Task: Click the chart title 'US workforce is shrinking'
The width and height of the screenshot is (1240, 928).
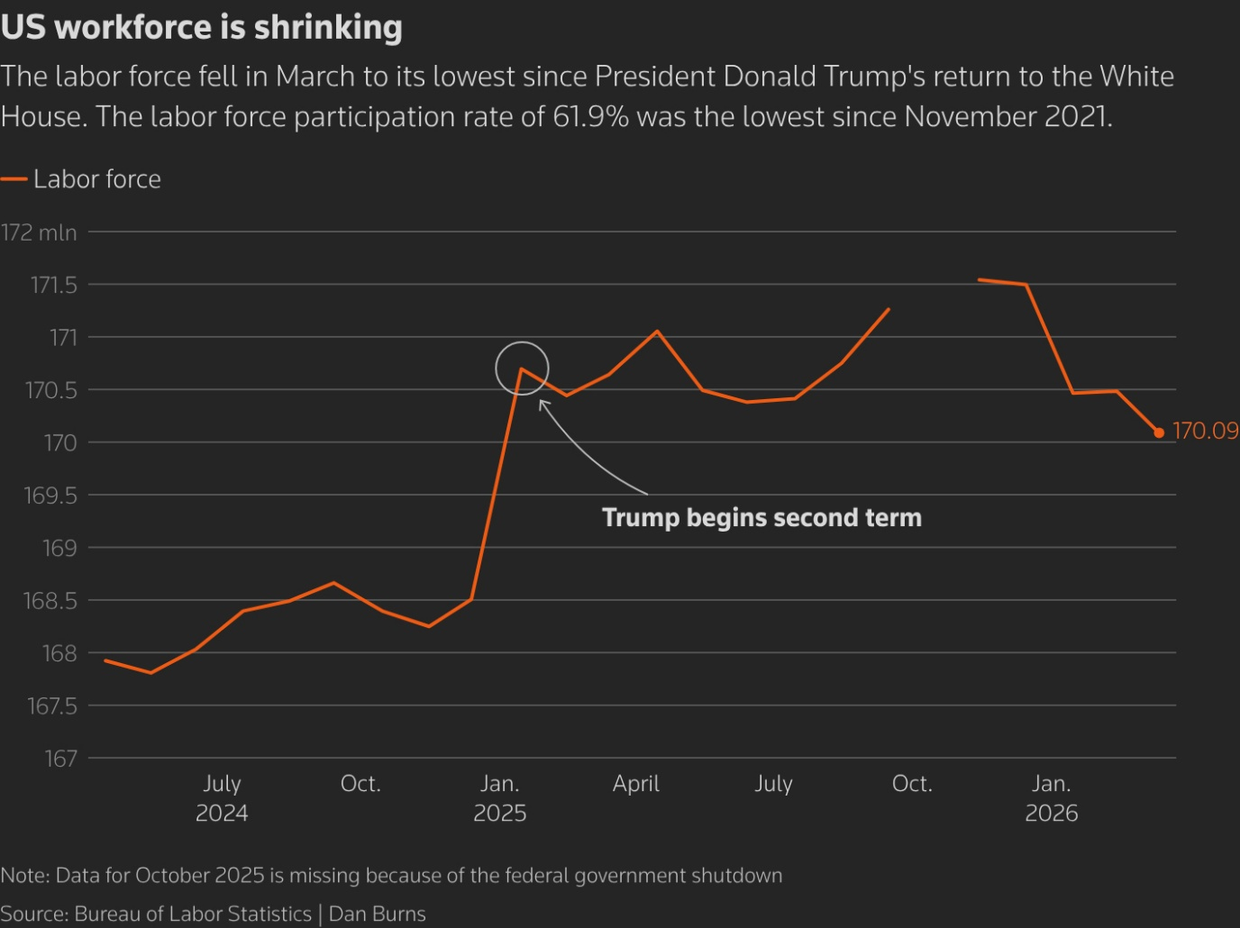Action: pyautogui.click(x=201, y=27)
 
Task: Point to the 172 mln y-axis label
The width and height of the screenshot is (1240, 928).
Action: pyautogui.click(x=40, y=232)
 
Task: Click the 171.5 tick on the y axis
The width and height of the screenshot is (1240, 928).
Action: pyautogui.click(x=54, y=286)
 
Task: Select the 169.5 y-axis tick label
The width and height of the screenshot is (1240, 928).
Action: pyautogui.click(x=50, y=496)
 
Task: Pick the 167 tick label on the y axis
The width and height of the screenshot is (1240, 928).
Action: pyautogui.click(x=61, y=759)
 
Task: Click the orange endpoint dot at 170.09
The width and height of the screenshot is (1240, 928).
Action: pyautogui.click(x=1159, y=432)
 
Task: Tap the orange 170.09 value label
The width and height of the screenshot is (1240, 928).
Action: pyautogui.click(x=1205, y=431)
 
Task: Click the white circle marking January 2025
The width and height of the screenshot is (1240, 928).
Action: pyautogui.click(x=522, y=368)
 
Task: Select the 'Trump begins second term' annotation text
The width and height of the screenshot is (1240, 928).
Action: pyautogui.click(x=761, y=518)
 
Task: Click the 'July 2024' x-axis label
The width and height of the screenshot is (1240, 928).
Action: pyautogui.click(x=222, y=798)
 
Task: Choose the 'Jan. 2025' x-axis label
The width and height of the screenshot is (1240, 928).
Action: pyautogui.click(x=499, y=798)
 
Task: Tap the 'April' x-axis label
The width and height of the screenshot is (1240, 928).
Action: pyautogui.click(x=636, y=784)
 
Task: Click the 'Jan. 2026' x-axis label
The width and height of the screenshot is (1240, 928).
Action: pyautogui.click(x=1051, y=798)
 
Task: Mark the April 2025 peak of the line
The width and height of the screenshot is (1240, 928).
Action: pyautogui.click(x=657, y=331)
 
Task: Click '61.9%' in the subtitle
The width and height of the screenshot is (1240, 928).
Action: pyautogui.click(x=590, y=117)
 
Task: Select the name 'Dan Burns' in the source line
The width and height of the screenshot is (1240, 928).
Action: pyautogui.click(x=377, y=914)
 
